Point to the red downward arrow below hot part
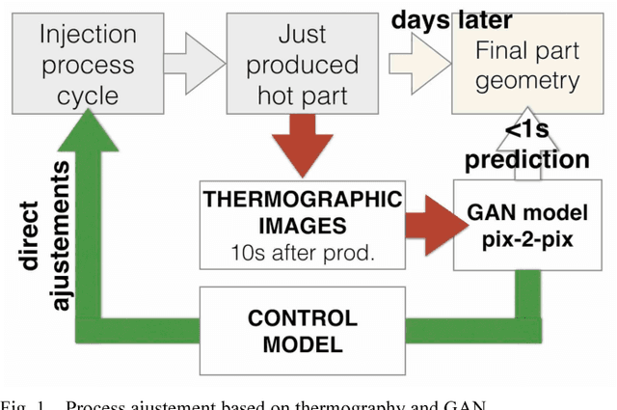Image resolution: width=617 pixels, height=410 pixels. tap(302, 140)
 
